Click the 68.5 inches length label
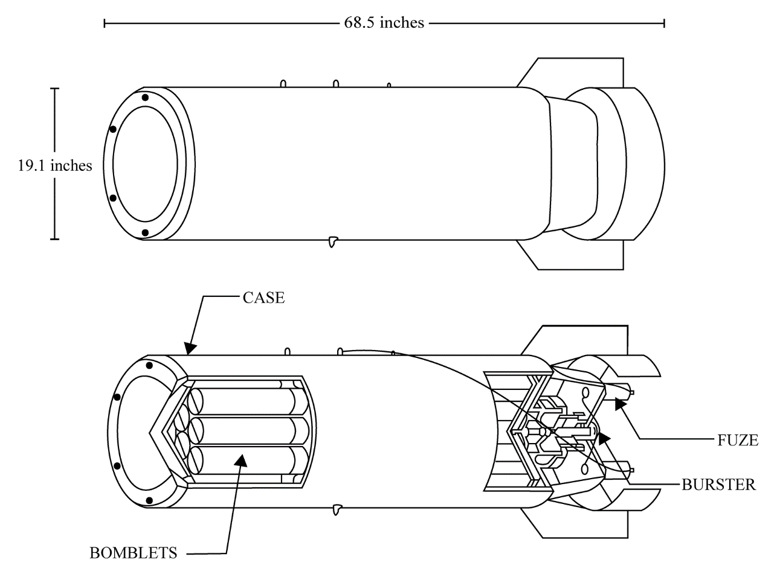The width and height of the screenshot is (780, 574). [384, 23]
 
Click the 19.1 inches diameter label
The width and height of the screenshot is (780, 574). [55, 165]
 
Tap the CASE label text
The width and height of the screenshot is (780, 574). [263, 298]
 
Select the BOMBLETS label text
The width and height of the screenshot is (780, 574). [134, 553]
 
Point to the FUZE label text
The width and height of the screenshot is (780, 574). [738, 441]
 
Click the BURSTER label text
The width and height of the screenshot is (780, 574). [719, 485]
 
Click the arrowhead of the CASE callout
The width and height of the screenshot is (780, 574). [190, 348]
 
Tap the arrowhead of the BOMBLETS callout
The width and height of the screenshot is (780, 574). [241, 460]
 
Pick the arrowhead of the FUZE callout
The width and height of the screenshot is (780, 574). [620, 405]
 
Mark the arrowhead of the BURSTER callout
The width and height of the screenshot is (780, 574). [604, 439]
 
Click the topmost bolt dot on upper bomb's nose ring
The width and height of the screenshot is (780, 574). [145, 98]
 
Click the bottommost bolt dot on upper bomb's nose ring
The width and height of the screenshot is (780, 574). [145, 232]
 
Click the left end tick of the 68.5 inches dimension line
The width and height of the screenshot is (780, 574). [105, 24]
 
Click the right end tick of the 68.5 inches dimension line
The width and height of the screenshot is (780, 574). [665, 24]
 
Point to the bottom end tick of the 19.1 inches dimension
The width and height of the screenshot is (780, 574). [54, 240]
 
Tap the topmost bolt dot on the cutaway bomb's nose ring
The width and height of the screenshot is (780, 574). [149, 366]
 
